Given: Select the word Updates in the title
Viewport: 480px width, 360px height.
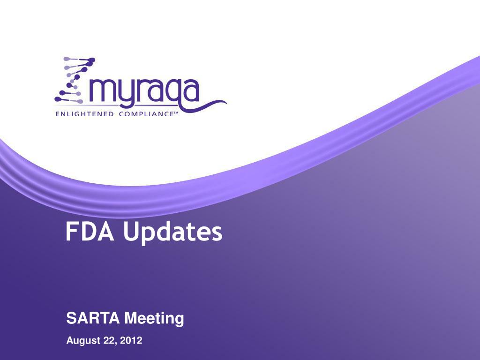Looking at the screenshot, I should coord(173,233).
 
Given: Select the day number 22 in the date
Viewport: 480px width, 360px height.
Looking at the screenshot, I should coord(110,341).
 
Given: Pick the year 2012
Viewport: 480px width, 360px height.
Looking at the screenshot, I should coord(131,341).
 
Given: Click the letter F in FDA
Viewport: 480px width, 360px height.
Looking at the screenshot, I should coord(71,232).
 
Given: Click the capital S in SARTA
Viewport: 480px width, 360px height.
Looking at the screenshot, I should coord(70,319).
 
